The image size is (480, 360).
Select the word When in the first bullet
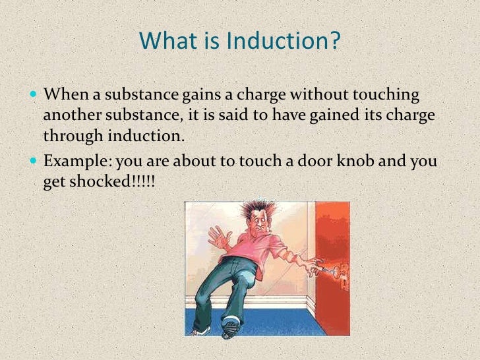tap(63, 95)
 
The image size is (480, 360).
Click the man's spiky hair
tap(255, 208)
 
